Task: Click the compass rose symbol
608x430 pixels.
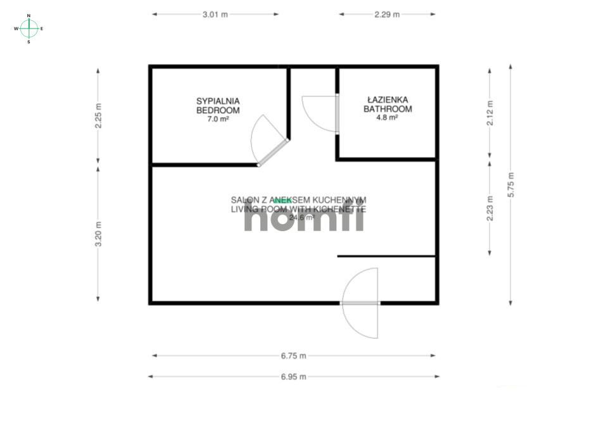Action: coord(29,28)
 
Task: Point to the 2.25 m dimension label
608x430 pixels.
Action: coord(98,116)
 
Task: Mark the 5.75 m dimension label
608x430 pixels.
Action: coord(511,185)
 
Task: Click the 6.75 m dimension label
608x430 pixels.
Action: coord(293,356)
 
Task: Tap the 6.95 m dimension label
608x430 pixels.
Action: coord(293,377)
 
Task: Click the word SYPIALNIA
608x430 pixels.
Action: coord(218,101)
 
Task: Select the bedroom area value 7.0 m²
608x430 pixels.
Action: coord(218,118)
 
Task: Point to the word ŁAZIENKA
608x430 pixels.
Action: coord(388,100)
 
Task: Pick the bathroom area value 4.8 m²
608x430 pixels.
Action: coord(388,118)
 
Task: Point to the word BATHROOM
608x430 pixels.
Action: coord(388,109)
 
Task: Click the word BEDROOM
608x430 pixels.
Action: coord(218,110)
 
